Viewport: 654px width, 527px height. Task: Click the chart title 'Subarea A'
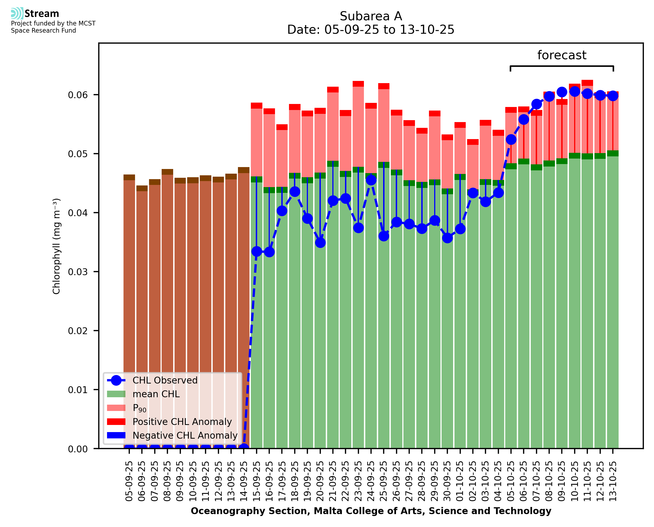click(371, 16)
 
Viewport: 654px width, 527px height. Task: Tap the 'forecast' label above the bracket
click(562, 55)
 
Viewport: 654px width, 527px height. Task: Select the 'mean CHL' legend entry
click(156, 394)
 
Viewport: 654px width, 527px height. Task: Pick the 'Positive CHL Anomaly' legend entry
click(182, 422)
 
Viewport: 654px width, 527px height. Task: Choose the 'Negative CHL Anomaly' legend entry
click(185, 435)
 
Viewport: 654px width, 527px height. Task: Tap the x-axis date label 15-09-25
click(257, 481)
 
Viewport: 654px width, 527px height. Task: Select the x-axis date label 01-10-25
click(460, 481)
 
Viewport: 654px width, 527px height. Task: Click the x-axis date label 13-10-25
click(613, 481)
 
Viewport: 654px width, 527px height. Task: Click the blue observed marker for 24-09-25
click(371, 180)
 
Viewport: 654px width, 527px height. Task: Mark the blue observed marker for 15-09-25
click(257, 251)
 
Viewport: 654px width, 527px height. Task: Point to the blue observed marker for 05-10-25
click(511, 139)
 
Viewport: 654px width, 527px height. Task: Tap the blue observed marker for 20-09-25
click(320, 243)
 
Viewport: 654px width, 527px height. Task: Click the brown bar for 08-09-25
click(167, 304)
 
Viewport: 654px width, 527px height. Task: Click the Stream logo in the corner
click(35, 14)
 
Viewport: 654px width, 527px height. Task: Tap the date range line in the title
click(371, 30)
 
